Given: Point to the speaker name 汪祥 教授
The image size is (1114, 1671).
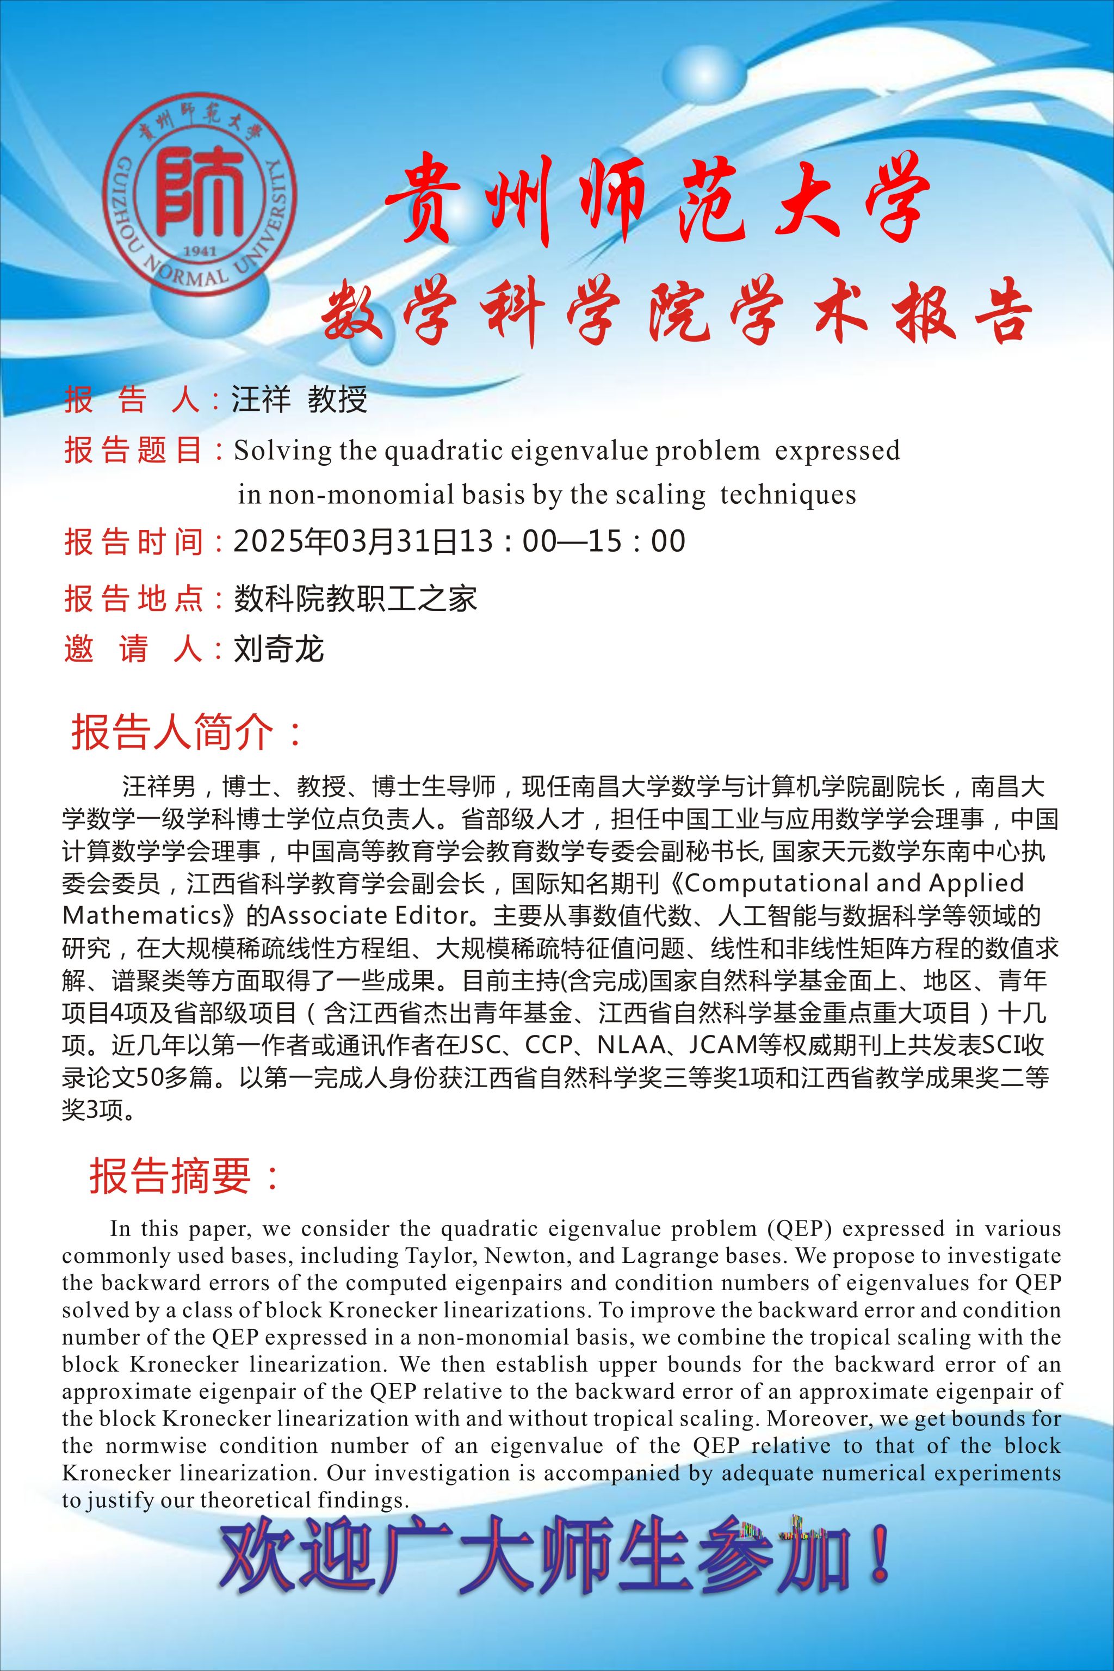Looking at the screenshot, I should click(299, 399).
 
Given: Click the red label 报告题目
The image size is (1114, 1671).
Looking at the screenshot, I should click(134, 450).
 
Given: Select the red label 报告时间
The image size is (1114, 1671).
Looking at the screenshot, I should click(134, 541).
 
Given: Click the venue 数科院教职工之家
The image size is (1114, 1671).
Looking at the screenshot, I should click(355, 599).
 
